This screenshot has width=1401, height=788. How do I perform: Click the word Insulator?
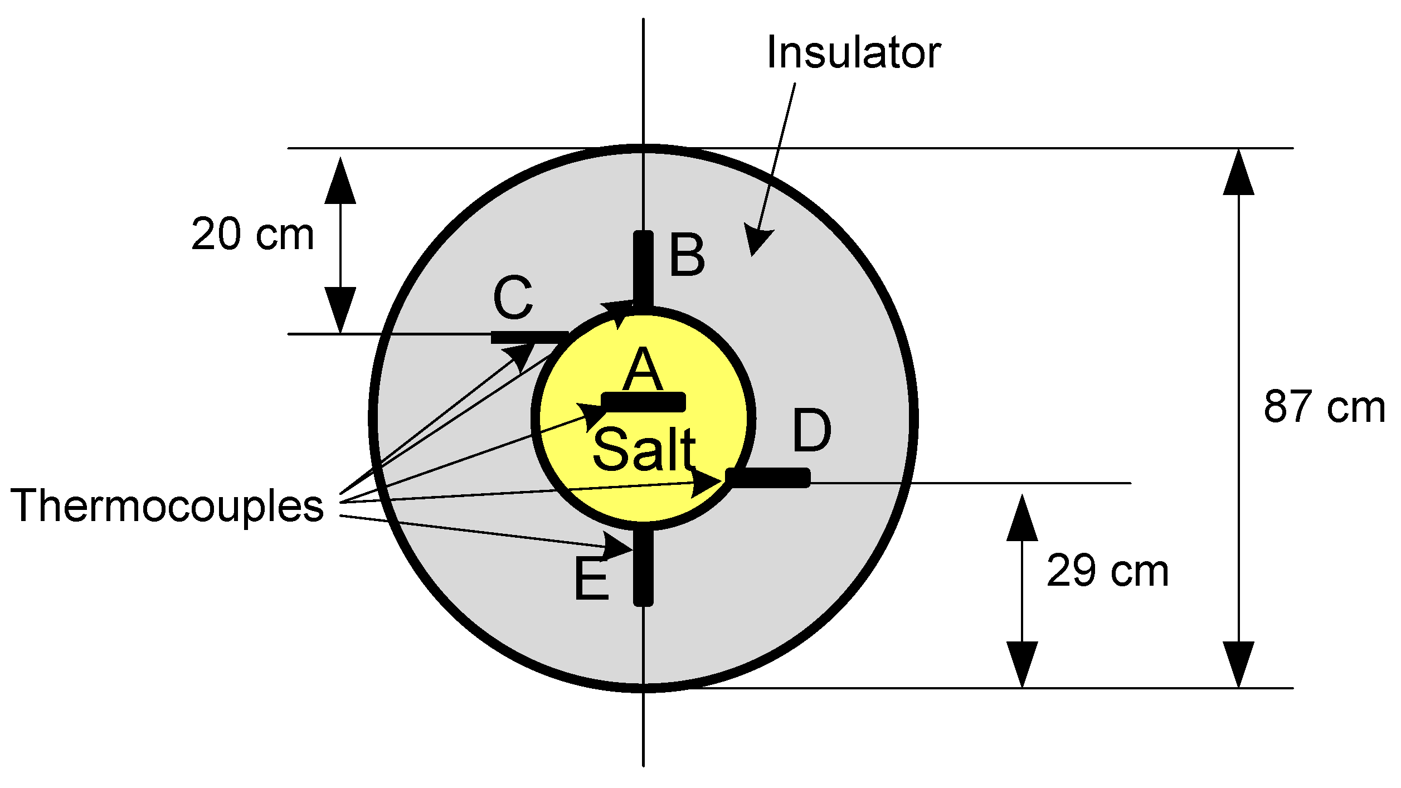[x=853, y=53]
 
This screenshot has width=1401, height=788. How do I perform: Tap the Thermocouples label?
[x=167, y=505]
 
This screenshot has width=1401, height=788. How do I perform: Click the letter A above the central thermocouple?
[x=643, y=369]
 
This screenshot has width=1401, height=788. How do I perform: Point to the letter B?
[x=687, y=256]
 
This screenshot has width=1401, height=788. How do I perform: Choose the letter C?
[x=513, y=298]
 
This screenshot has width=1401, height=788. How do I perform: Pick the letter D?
[x=811, y=431]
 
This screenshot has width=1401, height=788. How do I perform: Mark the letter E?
[x=591, y=580]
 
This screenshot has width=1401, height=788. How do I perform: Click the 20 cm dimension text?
[x=252, y=235]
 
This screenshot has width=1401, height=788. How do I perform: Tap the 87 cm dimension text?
[x=1324, y=407]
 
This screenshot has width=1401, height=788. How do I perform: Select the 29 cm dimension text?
[x=1107, y=572]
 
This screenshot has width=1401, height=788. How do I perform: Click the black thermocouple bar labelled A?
[x=644, y=402]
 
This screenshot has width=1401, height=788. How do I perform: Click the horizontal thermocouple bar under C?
[x=529, y=337]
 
